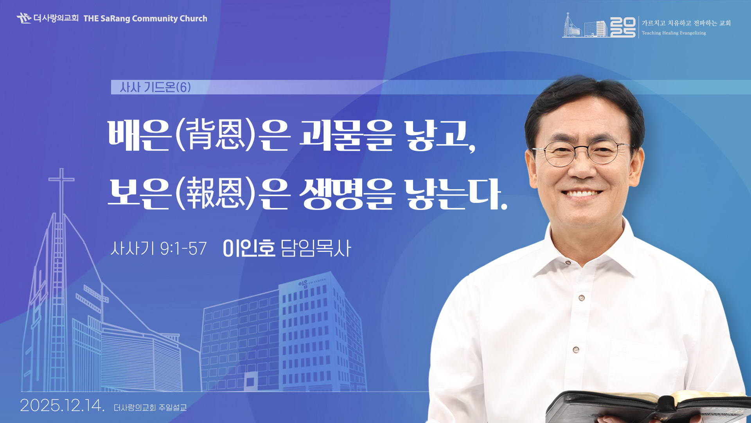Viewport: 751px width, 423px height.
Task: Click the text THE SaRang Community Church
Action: (x=145, y=18)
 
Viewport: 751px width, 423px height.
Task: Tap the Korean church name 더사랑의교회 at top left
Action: (x=56, y=18)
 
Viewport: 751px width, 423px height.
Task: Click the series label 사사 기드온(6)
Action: (x=155, y=87)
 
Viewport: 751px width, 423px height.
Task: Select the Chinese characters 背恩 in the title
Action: (x=216, y=135)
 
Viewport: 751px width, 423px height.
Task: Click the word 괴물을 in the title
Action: (x=347, y=135)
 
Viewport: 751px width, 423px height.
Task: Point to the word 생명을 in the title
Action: (x=347, y=193)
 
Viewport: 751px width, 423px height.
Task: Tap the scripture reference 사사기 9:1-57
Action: (x=158, y=248)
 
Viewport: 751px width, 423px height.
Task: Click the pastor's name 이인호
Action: (x=249, y=248)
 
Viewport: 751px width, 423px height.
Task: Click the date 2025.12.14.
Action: (x=62, y=405)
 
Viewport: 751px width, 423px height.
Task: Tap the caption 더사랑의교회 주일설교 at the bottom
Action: (x=150, y=408)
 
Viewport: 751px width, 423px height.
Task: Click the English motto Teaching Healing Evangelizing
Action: (x=674, y=33)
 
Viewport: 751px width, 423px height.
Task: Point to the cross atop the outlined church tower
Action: (x=61, y=184)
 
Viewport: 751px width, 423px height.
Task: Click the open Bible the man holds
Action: (x=649, y=407)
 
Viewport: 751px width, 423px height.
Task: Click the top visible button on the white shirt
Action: (x=582, y=298)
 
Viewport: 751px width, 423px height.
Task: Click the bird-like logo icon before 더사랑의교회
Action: (x=24, y=18)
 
